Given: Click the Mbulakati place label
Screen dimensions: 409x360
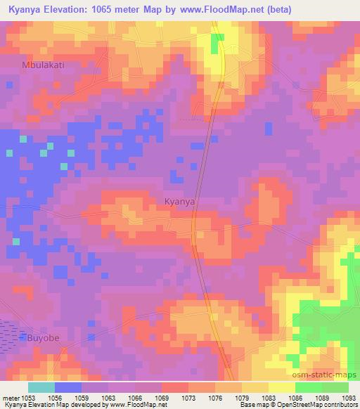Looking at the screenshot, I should (x=41, y=65).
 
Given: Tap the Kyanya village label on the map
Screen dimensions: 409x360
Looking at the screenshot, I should (x=179, y=201).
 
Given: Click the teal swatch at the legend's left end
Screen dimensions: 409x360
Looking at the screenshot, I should (x=41, y=387).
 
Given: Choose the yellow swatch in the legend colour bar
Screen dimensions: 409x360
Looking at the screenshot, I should (x=281, y=387).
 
